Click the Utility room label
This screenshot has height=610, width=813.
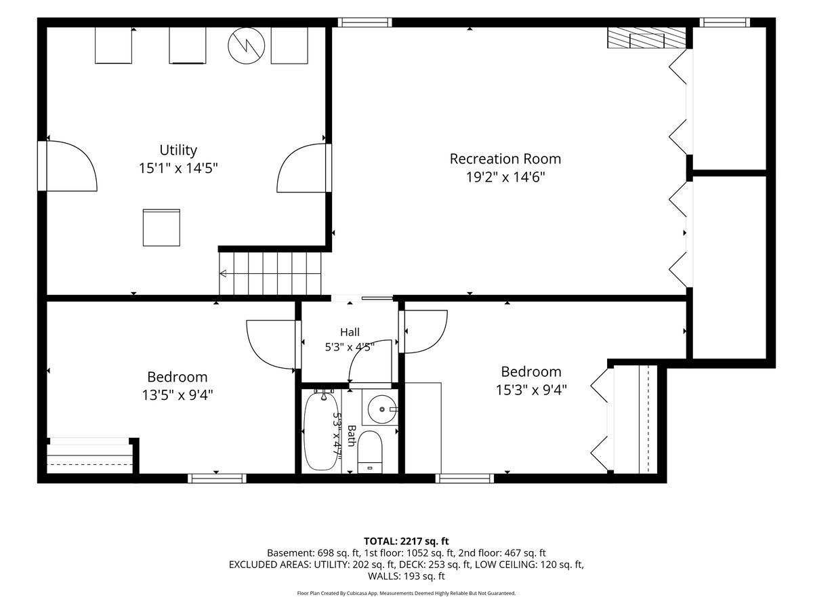pyautogui.click(x=178, y=150)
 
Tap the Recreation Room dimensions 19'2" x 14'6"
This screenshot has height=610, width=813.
pyautogui.click(x=505, y=177)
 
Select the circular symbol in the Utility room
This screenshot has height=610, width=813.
pyautogui.click(x=247, y=45)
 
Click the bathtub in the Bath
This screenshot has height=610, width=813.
pyautogui.click(x=320, y=432)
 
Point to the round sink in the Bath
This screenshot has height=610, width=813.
pyautogui.click(x=381, y=409)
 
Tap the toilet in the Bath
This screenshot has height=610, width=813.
pyautogui.click(x=370, y=452)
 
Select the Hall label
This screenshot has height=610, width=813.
pyautogui.click(x=350, y=332)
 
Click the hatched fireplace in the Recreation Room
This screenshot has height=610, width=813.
pyautogui.click(x=646, y=38)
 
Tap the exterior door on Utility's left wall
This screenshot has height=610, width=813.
pyautogui.click(x=68, y=165)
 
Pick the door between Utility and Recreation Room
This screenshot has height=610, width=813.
pyautogui.click(x=304, y=168)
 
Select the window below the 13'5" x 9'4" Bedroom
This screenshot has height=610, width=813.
pyautogui.click(x=217, y=479)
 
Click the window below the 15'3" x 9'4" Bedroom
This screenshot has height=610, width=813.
pyautogui.click(x=465, y=479)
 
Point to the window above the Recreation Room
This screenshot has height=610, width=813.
pyautogui.click(x=364, y=22)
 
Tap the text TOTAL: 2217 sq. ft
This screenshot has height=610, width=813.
pyautogui.click(x=406, y=542)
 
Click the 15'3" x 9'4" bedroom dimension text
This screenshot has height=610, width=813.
pyautogui.click(x=531, y=390)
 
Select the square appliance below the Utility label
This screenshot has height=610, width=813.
pyautogui.click(x=161, y=228)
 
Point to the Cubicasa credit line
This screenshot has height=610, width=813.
pyautogui.click(x=406, y=593)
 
